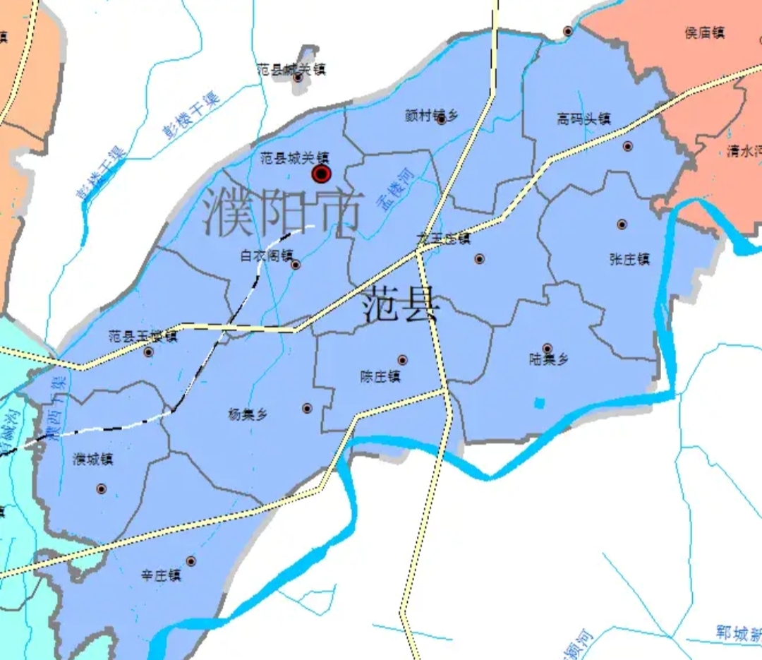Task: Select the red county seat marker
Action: pyautogui.click(x=322, y=174)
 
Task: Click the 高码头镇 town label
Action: pyautogui.click(x=583, y=119)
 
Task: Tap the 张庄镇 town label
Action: pyautogui.click(x=629, y=259)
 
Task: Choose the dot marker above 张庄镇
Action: pyautogui.click(x=622, y=224)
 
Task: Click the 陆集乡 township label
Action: pyautogui.click(x=548, y=360)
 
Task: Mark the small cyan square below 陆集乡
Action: pyautogui.click(x=540, y=403)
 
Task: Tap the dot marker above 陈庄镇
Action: pyautogui.click(x=402, y=360)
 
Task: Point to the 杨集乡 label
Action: pyautogui.click(x=248, y=414)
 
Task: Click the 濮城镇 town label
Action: pyautogui.click(x=93, y=460)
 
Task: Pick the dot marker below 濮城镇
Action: pyautogui.click(x=101, y=488)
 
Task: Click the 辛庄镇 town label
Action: pyautogui.click(x=161, y=576)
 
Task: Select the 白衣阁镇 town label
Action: pyautogui.click(x=267, y=256)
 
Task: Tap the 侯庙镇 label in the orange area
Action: pyautogui.click(x=705, y=32)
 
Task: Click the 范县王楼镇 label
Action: pyautogui.click(x=143, y=337)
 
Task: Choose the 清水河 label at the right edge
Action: pyautogui.click(x=744, y=151)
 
